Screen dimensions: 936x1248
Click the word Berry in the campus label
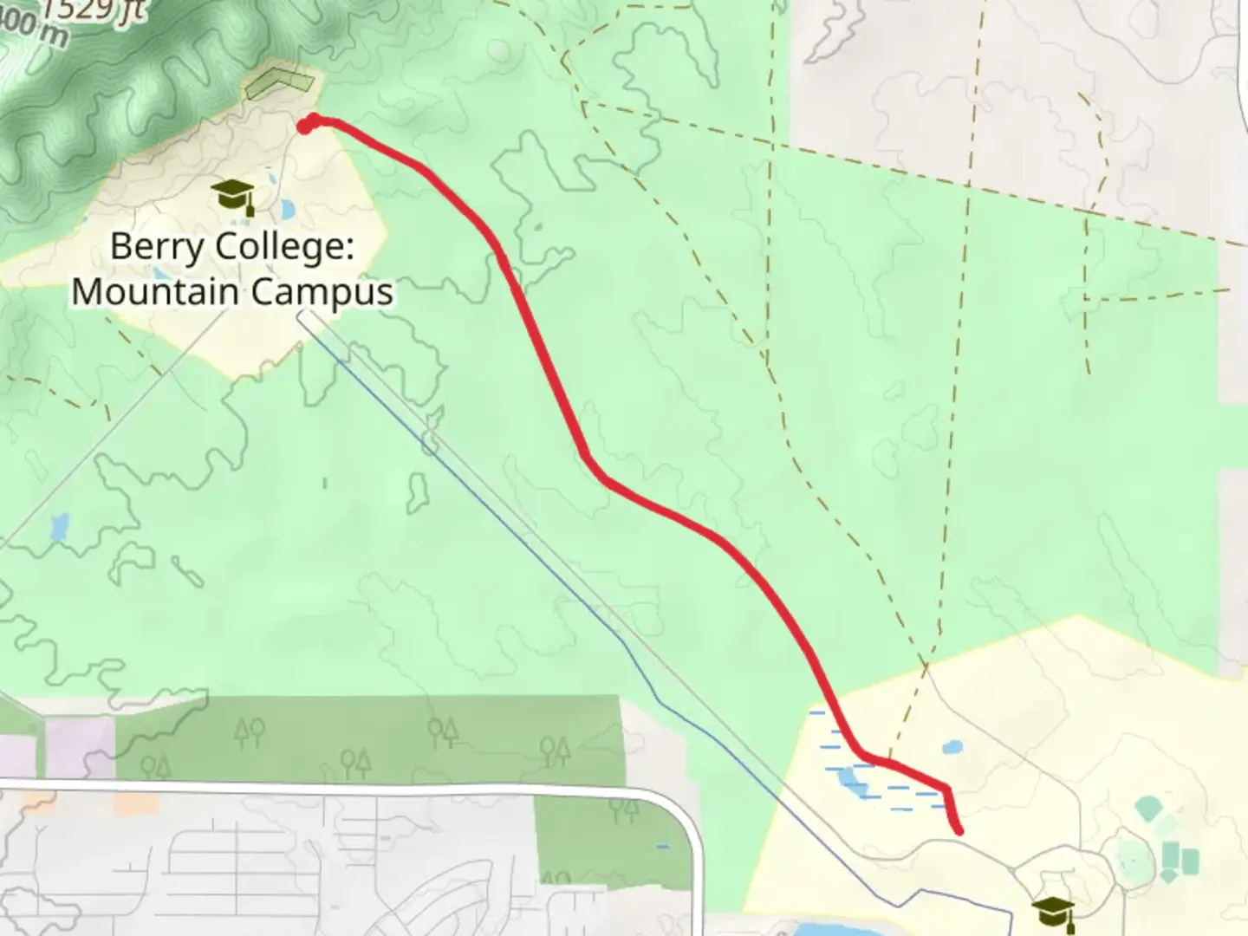click(x=157, y=247)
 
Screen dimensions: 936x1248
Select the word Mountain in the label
click(x=155, y=292)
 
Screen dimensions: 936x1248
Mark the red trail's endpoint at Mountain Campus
click(x=305, y=127)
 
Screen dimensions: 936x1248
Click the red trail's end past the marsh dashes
click(x=959, y=831)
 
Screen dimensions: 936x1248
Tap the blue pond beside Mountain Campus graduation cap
click(x=286, y=209)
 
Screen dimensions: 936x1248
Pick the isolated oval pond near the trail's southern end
click(x=952, y=746)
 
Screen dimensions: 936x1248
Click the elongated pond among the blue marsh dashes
click(x=850, y=782)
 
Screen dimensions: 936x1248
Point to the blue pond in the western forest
click(x=59, y=525)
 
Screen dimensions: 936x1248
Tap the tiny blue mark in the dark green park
click(x=663, y=847)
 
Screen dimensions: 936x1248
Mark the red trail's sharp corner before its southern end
click(x=946, y=790)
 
